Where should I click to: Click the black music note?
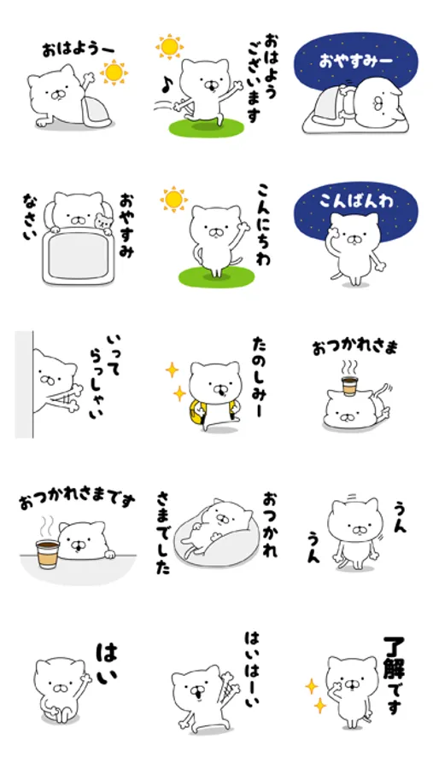click(167, 86)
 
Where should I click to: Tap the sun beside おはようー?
click(114, 72)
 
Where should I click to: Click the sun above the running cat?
click(170, 47)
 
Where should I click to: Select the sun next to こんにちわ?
click(173, 200)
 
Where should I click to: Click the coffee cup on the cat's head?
click(348, 385)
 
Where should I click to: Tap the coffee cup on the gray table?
click(48, 554)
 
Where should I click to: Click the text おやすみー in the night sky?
click(355, 62)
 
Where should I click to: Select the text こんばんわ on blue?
click(356, 201)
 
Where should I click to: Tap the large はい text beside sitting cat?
click(107, 663)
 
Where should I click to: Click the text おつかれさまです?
click(77, 501)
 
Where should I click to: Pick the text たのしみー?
click(259, 378)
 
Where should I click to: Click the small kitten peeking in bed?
click(103, 222)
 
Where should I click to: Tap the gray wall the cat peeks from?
click(24, 384)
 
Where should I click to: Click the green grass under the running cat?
click(207, 128)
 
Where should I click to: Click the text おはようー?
click(78, 49)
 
